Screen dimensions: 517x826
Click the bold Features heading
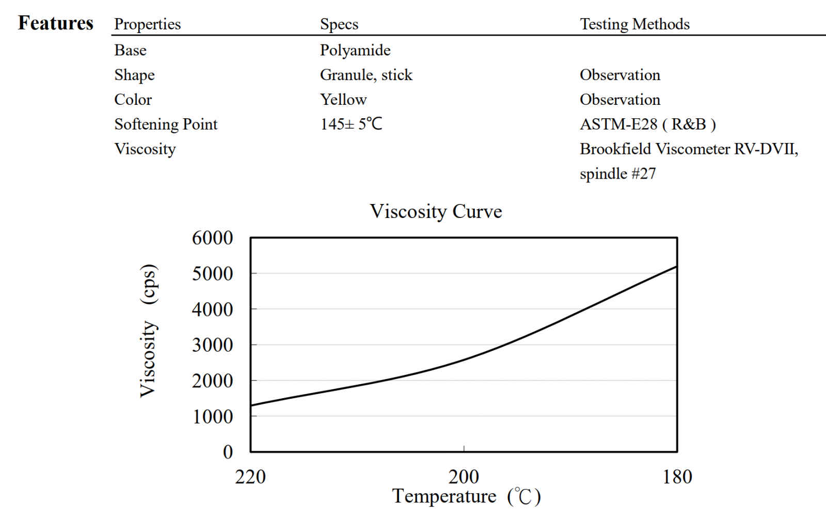[56, 23]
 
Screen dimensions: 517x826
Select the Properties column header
[147, 24]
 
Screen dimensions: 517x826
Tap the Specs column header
[339, 24]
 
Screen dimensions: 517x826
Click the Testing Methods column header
[634, 24]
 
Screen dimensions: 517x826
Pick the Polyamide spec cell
[355, 50]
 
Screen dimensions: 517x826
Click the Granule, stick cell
[366, 75]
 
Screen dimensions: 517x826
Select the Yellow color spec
[343, 99]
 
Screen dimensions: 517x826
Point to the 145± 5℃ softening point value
[351, 124]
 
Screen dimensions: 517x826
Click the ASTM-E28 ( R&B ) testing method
[647, 124]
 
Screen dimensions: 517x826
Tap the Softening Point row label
[166, 124]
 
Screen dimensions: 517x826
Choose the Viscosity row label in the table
[145, 149]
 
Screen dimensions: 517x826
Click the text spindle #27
[617, 174]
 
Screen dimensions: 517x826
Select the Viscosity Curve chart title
[436, 211]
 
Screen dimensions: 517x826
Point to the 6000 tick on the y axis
[212, 238]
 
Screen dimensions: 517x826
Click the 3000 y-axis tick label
[212, 345]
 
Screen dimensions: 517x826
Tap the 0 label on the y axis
[228, 452]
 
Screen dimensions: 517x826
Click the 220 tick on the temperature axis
[250, 477]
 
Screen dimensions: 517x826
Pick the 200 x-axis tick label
[464, 477]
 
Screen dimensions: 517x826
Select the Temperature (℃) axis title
[466, 496]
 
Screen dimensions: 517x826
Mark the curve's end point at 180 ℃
[676, 267]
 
